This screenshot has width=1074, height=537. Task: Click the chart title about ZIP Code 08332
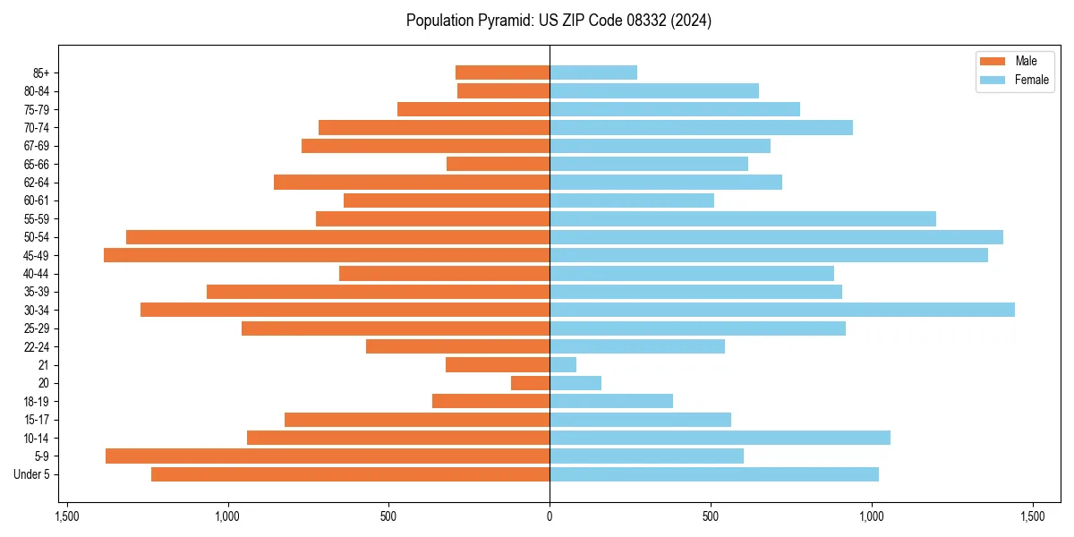coord(558,21)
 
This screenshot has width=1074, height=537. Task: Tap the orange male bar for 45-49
coord(327,255)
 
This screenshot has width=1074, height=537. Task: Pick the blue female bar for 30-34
coord(782,310)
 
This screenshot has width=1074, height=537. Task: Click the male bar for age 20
coord(530,383)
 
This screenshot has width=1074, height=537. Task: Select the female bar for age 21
coord(563,365)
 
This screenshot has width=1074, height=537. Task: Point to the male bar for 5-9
coord(328,456)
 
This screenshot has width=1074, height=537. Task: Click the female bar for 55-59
coord(743,218)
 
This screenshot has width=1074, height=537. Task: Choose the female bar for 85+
coord(593,72)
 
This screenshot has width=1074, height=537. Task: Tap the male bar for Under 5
coord(350,474)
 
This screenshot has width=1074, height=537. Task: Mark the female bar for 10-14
coord(720,438)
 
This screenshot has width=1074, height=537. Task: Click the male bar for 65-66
coord(498,164)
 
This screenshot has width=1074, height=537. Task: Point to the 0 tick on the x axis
coord(550,517)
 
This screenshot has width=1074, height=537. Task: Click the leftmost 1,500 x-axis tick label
coord(66,517)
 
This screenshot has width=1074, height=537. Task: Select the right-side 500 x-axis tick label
coord(711,517)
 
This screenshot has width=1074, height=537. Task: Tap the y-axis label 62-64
coord(37,183)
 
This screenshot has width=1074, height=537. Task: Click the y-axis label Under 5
coord(31,474)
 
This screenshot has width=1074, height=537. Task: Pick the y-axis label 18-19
coord(37,402)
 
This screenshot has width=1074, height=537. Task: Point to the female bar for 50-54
coord(776,237)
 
